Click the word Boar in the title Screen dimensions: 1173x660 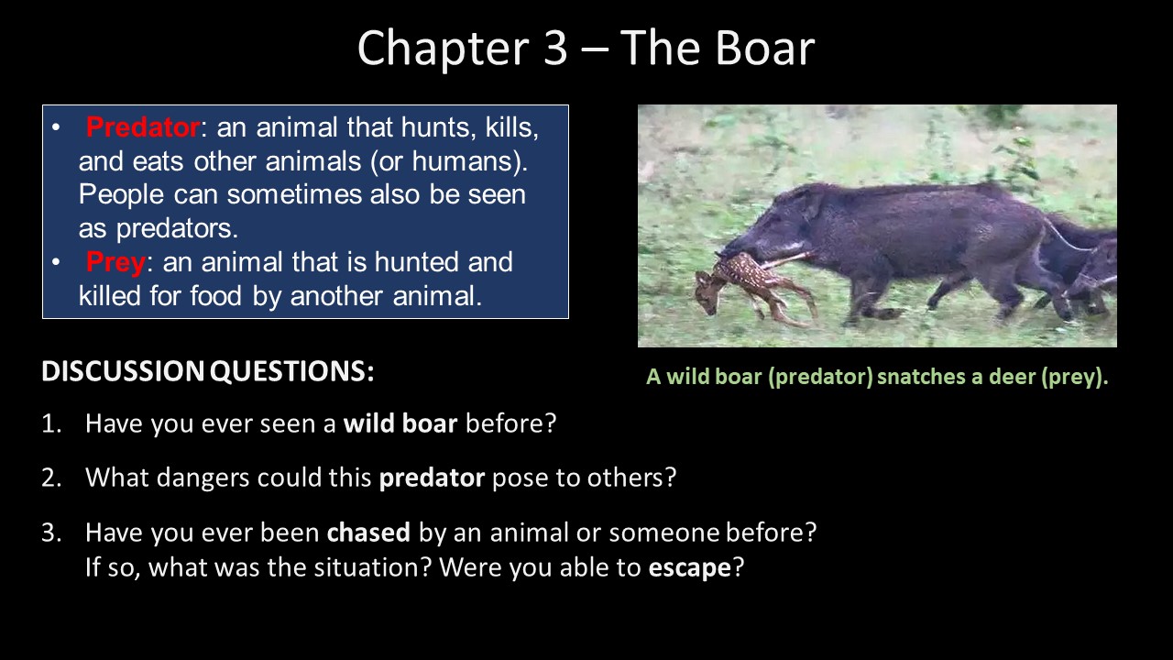pos(764,48)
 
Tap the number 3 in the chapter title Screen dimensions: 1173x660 pos(555,49)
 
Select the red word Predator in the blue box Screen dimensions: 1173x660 pos(142,127)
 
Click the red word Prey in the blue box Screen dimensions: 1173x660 pos(115,262)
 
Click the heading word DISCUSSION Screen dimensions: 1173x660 pos(123,371)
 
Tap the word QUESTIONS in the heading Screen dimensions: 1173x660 pos(291,371)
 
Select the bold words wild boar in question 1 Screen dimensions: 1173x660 pos(400,423)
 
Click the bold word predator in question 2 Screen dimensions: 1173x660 pos(432,478)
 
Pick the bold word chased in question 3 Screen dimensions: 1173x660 pos(368,533)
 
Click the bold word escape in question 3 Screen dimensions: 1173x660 pos(690,567)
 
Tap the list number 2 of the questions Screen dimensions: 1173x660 pos(50,478)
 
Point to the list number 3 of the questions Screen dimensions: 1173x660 pos(51,533)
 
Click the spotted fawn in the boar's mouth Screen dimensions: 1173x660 pos(754,285)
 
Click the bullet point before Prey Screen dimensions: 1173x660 pos(56,262)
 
